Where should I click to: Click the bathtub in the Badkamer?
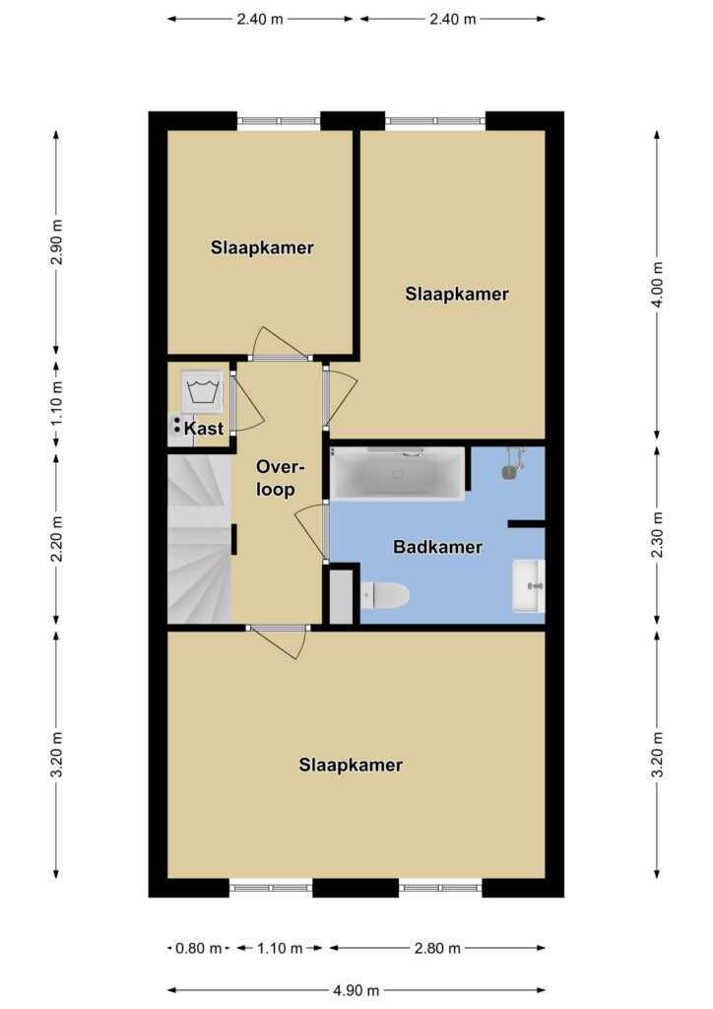[x=397, y=474]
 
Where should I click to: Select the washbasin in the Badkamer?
[x=529, y=585]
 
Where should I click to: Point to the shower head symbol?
[x=512, y=464]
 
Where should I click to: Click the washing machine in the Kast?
[x=202, y=391]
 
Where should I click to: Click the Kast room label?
[x=204, y=429]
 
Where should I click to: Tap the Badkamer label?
[x=437, y=547]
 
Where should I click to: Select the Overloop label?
[x=278, y=478]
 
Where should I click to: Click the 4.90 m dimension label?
[x=356, y=990]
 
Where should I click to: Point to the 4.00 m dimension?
[x=657, y=285]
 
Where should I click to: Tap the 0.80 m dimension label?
[x=199, y=948]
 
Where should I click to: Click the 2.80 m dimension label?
[x=437, y=948]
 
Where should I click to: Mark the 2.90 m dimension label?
[x=56, y=242]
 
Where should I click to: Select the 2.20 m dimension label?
[x=56, y=539]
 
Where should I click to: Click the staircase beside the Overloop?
[x=199, y=539]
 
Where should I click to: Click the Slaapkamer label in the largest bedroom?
[x=351, y=765]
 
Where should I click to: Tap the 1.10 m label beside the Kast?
[x=56, y=403]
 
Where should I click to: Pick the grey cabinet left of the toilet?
[x=342, y=596]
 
